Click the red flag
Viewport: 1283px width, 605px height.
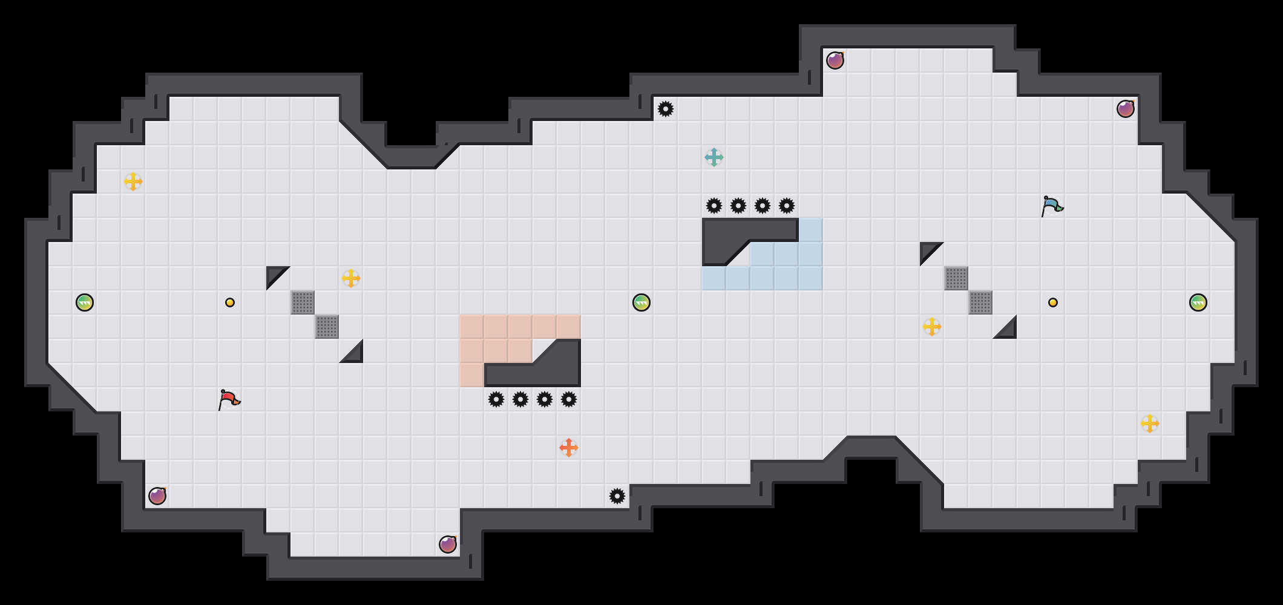[229, 399]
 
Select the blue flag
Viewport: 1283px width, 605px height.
[1052, 206]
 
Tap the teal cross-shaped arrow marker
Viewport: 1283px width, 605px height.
[714, 157]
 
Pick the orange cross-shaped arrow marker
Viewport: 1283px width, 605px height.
[569, 448]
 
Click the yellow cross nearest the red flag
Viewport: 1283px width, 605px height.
[351, 278]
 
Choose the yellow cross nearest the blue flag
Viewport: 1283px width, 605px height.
[932, 327]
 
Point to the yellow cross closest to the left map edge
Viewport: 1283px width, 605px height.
[133, 181]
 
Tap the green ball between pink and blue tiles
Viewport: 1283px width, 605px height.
[641, 302]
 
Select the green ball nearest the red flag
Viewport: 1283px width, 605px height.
[85, 302]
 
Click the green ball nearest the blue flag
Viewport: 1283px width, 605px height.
[1198, 302]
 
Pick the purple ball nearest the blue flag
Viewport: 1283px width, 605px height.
[1126, 109]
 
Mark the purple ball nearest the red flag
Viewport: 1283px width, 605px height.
[157, 496]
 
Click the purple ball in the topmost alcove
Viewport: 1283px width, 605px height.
[835, 60]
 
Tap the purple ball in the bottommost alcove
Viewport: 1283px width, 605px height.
[448, 544]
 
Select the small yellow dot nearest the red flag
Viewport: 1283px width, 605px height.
[230, 302]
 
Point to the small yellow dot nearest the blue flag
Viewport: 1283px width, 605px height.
[1053, 302]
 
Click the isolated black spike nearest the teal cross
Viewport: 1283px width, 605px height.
[666, 109]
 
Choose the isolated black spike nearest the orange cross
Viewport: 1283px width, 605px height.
[617, 496]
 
